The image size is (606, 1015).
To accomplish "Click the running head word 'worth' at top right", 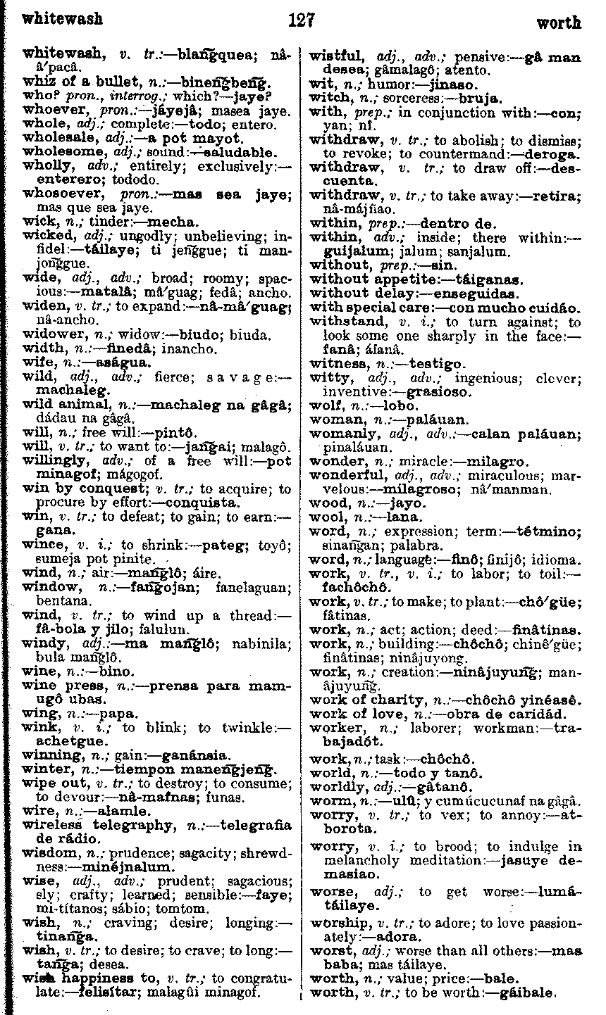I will pos(559,23).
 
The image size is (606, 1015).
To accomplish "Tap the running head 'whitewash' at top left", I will pos(63,18).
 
